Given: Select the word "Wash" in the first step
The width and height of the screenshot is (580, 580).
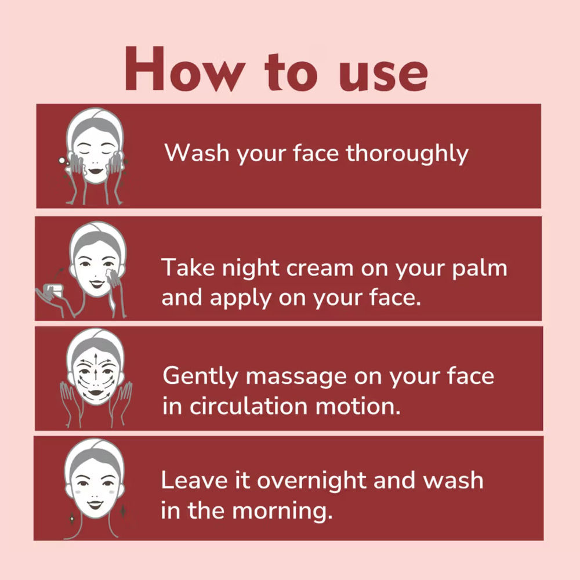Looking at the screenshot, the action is point(197,153).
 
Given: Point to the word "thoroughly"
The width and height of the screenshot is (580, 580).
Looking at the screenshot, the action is point(407,154).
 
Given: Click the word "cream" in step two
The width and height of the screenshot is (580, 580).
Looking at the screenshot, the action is point(320,268).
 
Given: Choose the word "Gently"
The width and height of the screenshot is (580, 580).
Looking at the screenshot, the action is point(200,376).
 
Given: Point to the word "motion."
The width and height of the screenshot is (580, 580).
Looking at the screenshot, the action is point(358,407).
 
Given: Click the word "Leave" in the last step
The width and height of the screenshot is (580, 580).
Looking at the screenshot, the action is point(194,480).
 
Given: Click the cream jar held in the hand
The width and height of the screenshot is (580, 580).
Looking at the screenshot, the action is point(53,289).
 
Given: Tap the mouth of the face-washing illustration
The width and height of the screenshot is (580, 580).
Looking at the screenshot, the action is point(96,171).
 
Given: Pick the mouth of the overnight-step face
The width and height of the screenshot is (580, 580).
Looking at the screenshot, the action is point(95,505).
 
